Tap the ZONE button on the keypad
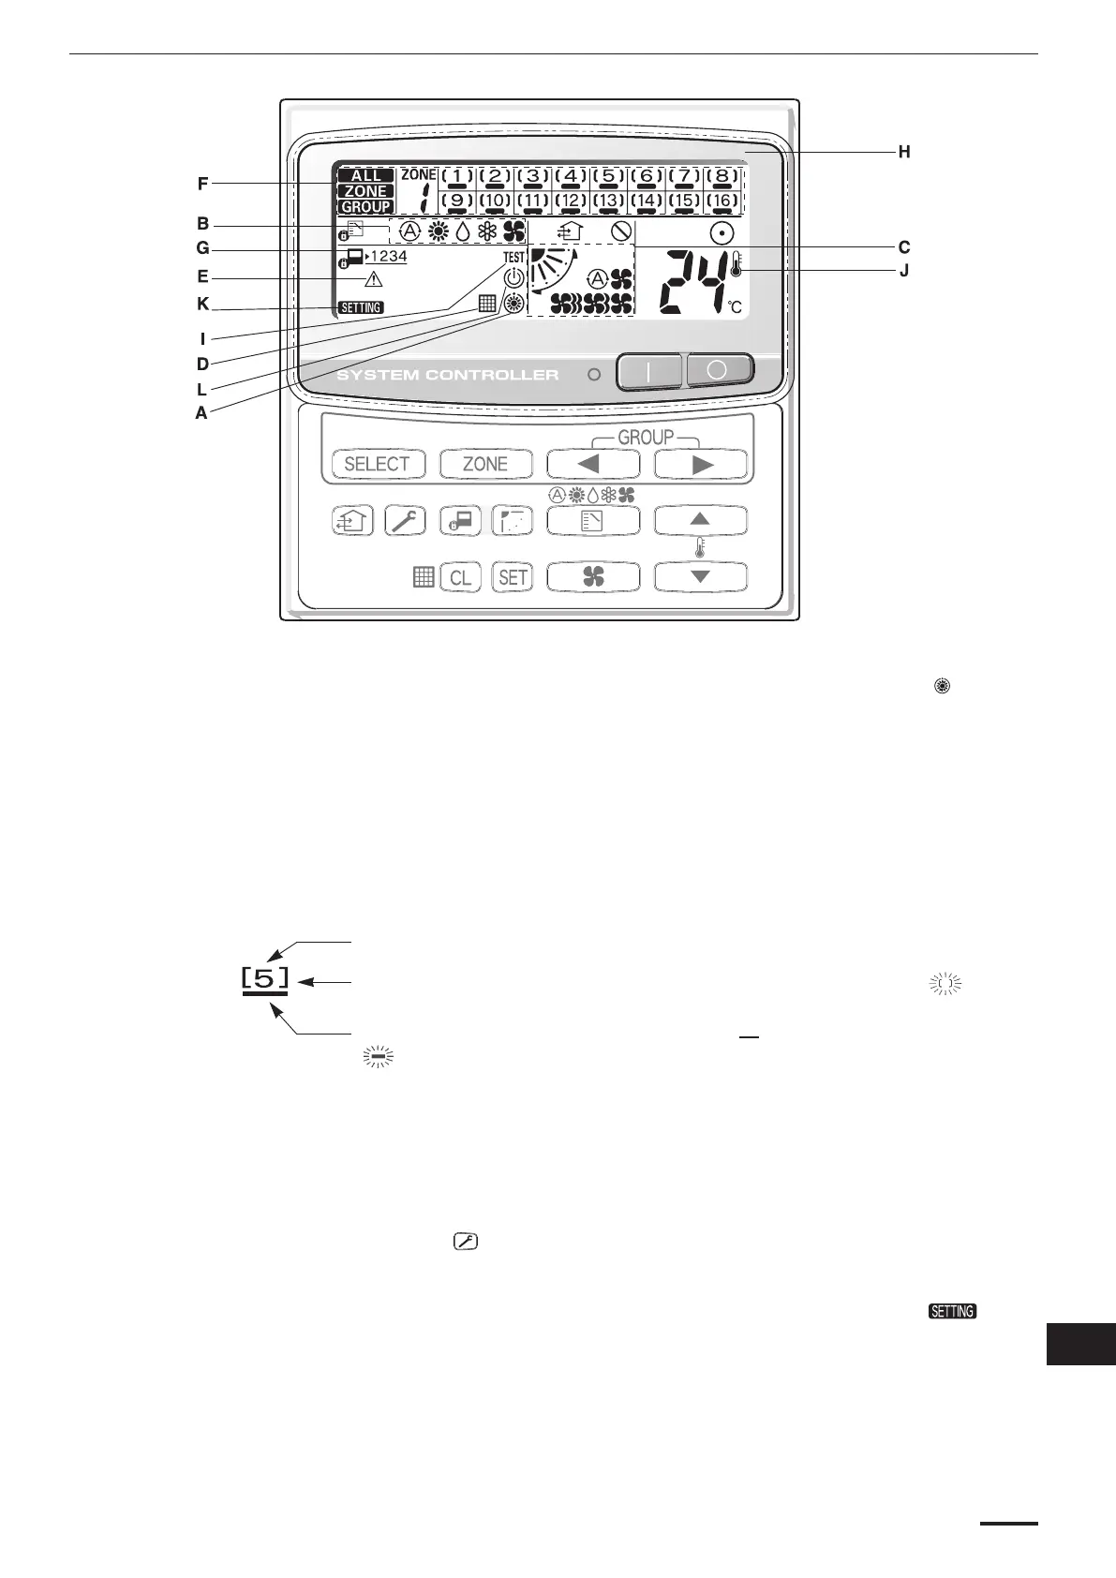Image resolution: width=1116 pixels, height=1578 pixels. [x=485, y=464]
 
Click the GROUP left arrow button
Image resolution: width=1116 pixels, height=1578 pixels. [x=593, y=464]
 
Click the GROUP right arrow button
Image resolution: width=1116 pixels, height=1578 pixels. [x=701, y=464]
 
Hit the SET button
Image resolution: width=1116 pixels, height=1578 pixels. [x=513, y=577]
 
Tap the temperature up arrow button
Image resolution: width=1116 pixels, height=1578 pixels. [x=701, y=519]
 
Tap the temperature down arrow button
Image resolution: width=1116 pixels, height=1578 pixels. [x=701, y=577]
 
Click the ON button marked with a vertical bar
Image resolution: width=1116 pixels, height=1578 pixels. [x=650, y=371]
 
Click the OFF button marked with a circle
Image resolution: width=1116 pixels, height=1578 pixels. [x=719, y=369]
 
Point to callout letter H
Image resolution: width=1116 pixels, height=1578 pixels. [x=904, y=152]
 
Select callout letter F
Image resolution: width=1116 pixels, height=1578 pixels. [x=202, y=185]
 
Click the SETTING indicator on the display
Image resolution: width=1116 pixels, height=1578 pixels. [x=361, y=307]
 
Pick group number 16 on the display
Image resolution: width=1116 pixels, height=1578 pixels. [x=722, y=201]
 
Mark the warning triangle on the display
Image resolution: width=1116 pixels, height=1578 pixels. [x=374, y=278]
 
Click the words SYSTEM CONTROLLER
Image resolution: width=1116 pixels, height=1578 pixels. [x=447, y=375]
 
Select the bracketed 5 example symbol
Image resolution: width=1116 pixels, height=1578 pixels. [x=265, y=979]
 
